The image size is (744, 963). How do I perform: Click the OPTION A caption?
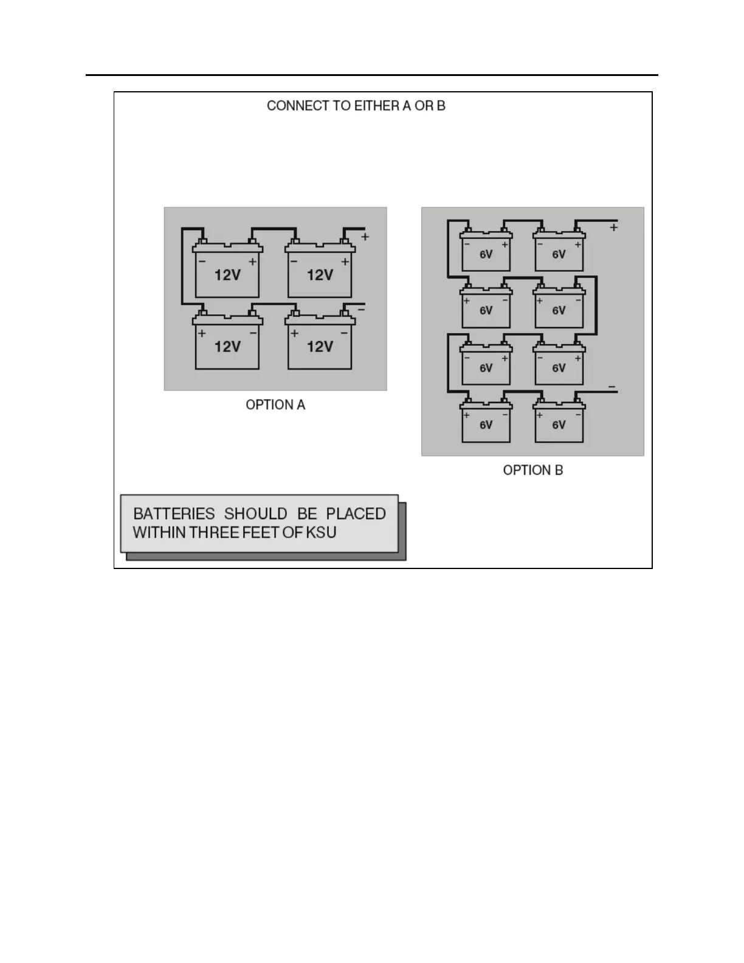(275, 405)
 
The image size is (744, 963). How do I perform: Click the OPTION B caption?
(532, 470)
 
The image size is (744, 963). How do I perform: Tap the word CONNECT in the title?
(297, 106)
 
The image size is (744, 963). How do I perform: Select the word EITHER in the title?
(376, 106)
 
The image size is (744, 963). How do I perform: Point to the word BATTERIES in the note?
(174, 514)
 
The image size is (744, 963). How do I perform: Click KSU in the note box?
(321, 533)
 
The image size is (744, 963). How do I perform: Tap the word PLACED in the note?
(356, 514)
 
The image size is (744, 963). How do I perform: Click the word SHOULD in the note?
(255, 514)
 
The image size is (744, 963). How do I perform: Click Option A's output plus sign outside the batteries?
(365, 236)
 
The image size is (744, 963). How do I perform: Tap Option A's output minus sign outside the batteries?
(361, 310)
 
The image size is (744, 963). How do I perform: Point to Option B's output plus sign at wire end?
(614, 227)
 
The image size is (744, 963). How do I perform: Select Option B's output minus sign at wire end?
(611, 387)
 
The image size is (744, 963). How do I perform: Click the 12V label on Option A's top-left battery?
(227, 275)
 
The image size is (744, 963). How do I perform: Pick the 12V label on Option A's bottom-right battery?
(320, 347)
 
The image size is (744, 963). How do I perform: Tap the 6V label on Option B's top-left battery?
(486, 255)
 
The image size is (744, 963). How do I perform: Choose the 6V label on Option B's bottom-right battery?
(559, 425)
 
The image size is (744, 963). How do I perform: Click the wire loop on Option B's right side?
(596, 304)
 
